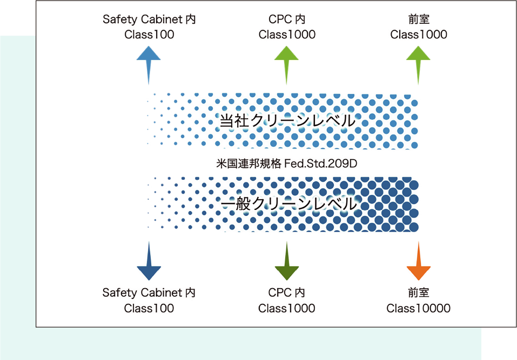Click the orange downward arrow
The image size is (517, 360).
click(418, 262)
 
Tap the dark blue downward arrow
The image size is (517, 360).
click(149, 262)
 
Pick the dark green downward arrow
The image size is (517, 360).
click(286, 262)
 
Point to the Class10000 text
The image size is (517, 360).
click(418, 308)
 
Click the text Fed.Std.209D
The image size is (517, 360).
click(322, 162)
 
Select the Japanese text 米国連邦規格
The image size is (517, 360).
click(248, 162)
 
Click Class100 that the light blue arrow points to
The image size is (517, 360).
click(149, 35)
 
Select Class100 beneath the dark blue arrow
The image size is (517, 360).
click(149, 308)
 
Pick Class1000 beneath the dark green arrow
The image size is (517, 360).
click(286, 308)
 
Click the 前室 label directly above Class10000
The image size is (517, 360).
click(418, 293)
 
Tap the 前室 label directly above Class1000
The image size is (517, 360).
click(418, 19)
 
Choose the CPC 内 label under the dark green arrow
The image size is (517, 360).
click(286, 293)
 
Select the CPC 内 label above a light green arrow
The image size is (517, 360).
click(286, 19)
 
